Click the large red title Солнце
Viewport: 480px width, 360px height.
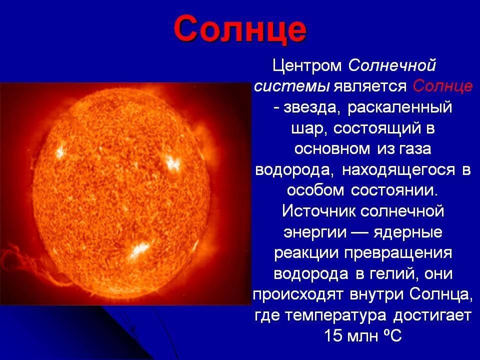point(240,29)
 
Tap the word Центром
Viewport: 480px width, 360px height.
point(307,66)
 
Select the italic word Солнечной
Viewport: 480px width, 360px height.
point(392,65)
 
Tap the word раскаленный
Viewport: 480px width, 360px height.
point(399,108)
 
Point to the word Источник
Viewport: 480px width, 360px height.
point(318,211)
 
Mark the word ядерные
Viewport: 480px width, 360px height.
point(408,232)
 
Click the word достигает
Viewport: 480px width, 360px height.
point(431,315)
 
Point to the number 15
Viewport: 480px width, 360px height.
point(333,335)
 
